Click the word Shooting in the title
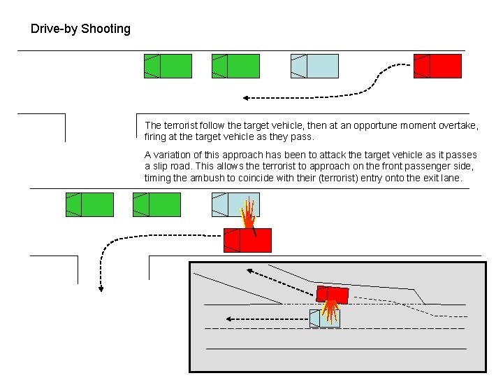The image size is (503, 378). coord(105,29)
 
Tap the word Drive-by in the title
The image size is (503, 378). coord(54,29)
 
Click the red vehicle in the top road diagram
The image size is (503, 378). coord(437,66)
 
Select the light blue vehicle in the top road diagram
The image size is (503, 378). coord(314,66)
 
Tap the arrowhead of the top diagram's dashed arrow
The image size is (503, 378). coord(245,98)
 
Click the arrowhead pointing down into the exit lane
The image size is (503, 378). coord(101,288)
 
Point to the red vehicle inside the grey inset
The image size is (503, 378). coord(332,294)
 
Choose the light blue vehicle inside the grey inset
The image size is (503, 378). coord(324,318)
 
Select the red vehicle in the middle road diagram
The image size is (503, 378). coord(247,240)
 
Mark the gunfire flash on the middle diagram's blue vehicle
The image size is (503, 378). coord(249,211)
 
